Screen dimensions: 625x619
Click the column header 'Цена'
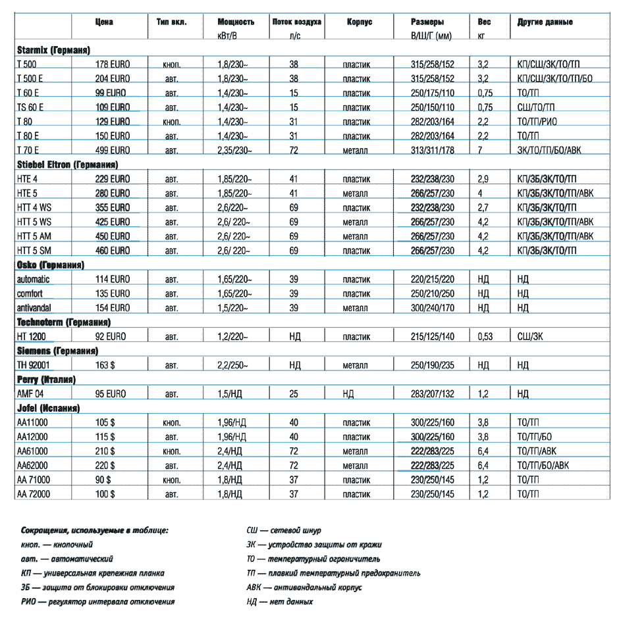pyautogui.click(x=103, y=22)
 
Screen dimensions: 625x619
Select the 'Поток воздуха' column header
pyautogui.click(x=296, y=22)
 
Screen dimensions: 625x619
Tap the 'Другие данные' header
pyautogui.click(x=545, y=22)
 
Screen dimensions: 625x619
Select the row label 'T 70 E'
pyautogui.click(x=28, y=150)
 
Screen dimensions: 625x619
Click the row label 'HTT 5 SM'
pyautogui.click(x=35, y=251)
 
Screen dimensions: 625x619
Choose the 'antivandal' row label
pyautogui.click(x=34, y=308)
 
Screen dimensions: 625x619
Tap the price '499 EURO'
pyautogui.click(x=113, y=150)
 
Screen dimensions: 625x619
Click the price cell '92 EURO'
pyautogui.click(x=111, y=336)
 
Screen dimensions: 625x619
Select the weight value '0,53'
pyautogui.click(x=485, y=336)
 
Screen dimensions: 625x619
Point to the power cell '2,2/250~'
pyautogui.click(x=233, y=365)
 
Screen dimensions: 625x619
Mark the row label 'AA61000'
pyautogui.click(x=32, y=451)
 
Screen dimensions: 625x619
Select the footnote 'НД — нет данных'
pyautogui.click(x=279, y=602)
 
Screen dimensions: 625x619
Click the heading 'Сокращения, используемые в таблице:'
pyautogui.click(x=94, y=530)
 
